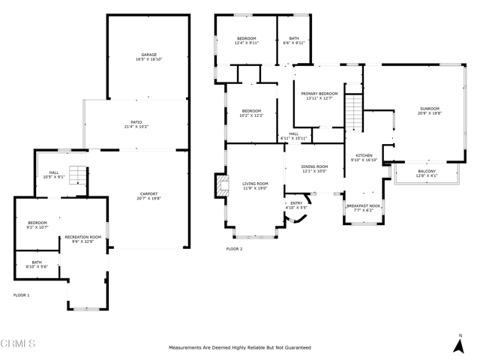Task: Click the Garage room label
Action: [149, 54]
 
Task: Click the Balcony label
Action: [426, 172]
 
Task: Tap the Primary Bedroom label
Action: [319, 94]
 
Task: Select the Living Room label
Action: [255, 184]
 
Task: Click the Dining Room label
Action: [314, 166]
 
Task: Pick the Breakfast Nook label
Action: [363, 205]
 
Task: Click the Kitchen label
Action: [364, 156]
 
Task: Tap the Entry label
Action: [297, 202]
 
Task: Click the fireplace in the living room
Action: [220, 186]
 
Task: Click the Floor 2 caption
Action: [234, 248]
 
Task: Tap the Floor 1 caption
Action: [21, 295]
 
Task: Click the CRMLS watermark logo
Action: [18, 344]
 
